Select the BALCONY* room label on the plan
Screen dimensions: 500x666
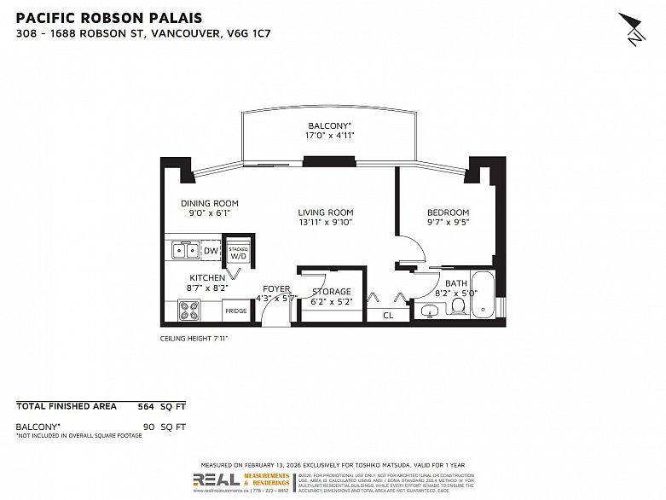tap(330, 125)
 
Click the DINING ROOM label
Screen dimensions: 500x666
tap(209, 203)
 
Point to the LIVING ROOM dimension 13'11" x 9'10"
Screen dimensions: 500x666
tap(325, 222)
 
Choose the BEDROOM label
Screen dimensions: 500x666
tap(448, 212)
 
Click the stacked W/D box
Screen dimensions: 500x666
tap(238, 252)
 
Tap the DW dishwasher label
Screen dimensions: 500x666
tap(211, 250)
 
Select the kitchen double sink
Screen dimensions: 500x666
tap(183, 250)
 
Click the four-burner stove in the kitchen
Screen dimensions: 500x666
tap(189, 311)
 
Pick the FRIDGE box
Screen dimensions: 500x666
tap(236, 311)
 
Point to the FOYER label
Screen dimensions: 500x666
tap(276, 288)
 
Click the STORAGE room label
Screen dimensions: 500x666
tap(330, 292)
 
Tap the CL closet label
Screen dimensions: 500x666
tap(388, 315)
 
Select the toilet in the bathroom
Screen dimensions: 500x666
tap(458, 304)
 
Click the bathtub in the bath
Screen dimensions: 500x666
tap(483, 296)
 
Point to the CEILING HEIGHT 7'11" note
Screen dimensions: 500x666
tap(194, 339)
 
